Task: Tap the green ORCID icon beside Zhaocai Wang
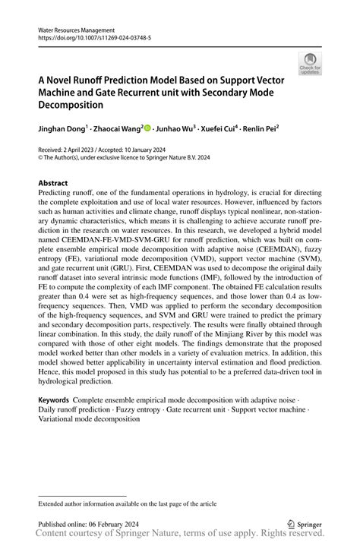[x=147, y=128]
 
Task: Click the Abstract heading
[x=53, y=183]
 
